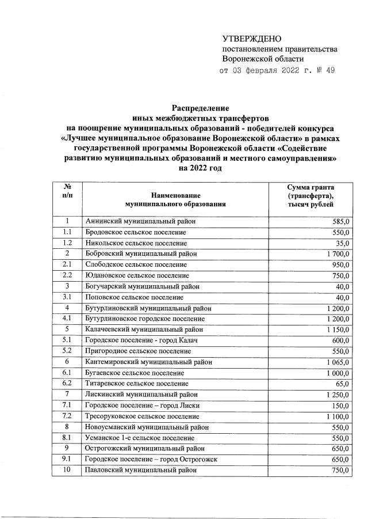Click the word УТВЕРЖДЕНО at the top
[x=251, y=39]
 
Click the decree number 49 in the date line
[x=328, y=71]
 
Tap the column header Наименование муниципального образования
[x=175, y=199]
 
